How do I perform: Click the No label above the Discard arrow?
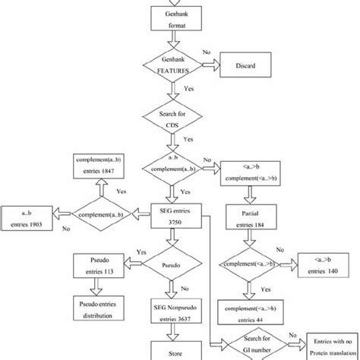click(207, 53)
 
